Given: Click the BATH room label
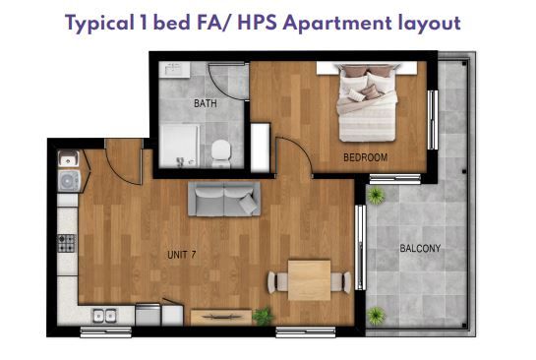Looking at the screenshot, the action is [206, 103].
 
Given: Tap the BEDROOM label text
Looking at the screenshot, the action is [366, 157].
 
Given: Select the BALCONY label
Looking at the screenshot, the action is [420, 248].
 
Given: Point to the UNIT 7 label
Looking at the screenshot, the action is [182, 255].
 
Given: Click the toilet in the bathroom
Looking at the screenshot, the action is [220, 153].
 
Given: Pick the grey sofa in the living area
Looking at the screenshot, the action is [224, 199].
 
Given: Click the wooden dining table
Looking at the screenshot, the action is [310, 280].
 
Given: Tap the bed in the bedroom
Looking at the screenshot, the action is [367, 102].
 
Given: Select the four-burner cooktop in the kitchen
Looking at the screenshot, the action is [66, 243].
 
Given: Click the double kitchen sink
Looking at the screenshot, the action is [104, 316].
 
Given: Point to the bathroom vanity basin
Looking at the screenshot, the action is [175, 70].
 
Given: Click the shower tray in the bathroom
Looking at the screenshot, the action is [180, 146].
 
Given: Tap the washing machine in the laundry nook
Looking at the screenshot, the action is [70, 181].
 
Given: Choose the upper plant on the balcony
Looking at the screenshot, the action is [376, 196].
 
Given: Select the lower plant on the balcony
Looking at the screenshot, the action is [377, 315].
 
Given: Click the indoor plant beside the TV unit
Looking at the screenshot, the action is [263, 317].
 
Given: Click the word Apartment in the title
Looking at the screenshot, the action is [337, 24].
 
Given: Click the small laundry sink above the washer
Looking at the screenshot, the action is [69, 158].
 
